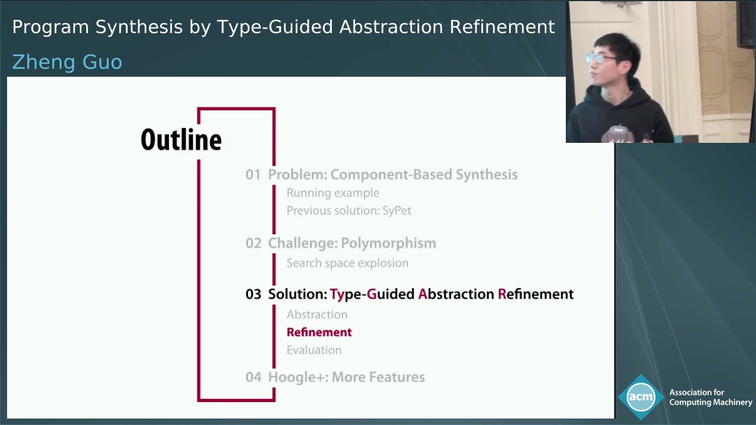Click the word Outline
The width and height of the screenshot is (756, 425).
181,140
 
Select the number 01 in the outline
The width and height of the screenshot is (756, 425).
253,175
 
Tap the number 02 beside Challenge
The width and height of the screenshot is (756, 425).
253,243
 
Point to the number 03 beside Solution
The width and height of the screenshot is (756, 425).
253,294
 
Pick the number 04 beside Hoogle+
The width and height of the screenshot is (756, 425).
253,377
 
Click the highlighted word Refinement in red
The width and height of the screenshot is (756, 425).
319,332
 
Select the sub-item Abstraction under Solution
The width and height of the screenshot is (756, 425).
317,315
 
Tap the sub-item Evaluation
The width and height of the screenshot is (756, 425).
314,350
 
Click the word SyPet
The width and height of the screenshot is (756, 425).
396,211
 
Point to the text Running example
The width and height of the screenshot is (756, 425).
333,193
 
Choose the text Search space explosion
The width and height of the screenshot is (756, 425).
347,263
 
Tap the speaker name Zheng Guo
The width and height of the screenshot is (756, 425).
67,62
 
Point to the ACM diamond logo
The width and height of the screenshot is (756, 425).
641,397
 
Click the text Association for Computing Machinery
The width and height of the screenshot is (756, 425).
710,397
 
